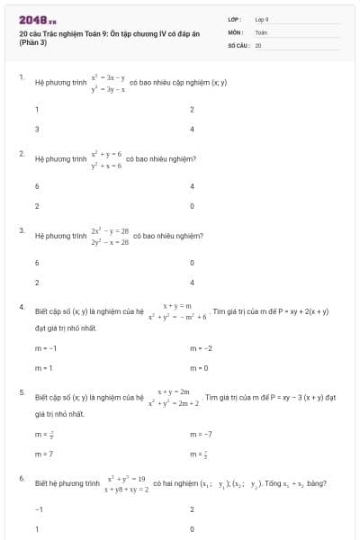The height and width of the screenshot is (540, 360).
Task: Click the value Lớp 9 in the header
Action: pyautogui.click(x=262, y=19)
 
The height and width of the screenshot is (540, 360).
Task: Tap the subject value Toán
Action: pyautogui.click(x=261, y=31)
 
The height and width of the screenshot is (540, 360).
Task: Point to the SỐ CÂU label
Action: pyautogui.click(x=238, y=43)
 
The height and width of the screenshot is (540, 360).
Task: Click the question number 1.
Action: pyautogui.click(x=21, y=78)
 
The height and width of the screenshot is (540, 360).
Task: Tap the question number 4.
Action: pyautogui.click(x=21, y=308)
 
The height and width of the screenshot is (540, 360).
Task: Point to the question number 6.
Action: pyautogui.click(x=21, y=479)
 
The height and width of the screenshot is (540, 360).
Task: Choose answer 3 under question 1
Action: pyautogui.click(x=37, y=129)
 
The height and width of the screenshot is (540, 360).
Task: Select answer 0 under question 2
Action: pyautogui.click(x=192, y=206)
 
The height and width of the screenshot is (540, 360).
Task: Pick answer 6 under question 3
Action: pyautogui.click(x=37, y=263)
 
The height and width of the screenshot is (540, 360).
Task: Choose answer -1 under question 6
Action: pyautogui.click(x=39, y=509)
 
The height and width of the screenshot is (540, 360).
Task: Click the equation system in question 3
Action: pyautogui.click(x=110, y=236)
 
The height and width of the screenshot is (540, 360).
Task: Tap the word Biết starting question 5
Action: pyautogui.click(x=41, y=397)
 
